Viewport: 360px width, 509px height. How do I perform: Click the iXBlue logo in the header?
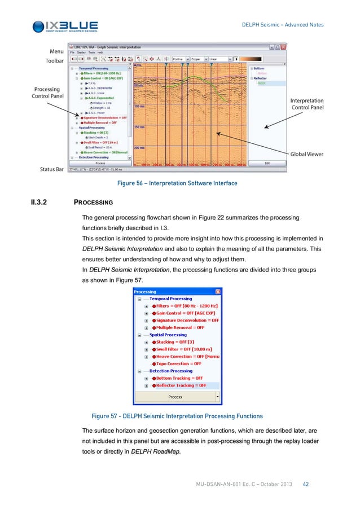[65, 26]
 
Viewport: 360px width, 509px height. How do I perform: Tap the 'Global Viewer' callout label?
[307, 153]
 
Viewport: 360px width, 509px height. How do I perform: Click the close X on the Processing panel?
[218, 292]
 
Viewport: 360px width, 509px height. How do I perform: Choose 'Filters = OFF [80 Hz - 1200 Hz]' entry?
[187, 306]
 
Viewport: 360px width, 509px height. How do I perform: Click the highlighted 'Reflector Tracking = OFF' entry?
[181, 385]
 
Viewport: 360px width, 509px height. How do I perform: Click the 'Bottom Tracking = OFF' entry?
[179, 378]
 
